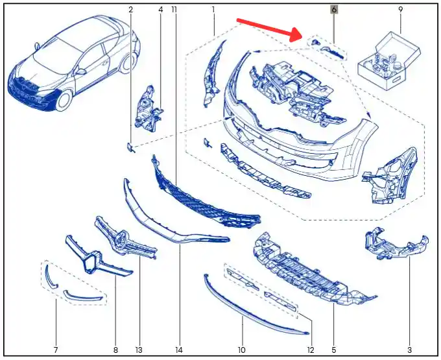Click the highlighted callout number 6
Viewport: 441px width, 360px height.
point(334,10)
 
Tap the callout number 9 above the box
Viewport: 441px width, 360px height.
point(401,10)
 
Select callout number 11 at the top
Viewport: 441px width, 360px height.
point(174,10)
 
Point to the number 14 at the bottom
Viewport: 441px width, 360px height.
point(179,350)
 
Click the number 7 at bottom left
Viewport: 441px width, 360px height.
point(56,350)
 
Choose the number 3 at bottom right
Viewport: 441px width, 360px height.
point(409,350)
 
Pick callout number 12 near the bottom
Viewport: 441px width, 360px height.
point(311,350)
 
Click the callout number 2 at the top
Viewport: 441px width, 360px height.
point(130,10)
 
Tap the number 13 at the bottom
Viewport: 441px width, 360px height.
point(139,350)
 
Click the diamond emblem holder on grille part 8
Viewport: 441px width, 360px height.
point(92,261)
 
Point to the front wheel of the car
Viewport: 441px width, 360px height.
point(64,101)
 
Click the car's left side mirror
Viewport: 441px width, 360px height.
point(80,71)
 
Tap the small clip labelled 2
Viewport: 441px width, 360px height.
point(130,147)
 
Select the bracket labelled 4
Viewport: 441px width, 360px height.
point(149,110)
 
